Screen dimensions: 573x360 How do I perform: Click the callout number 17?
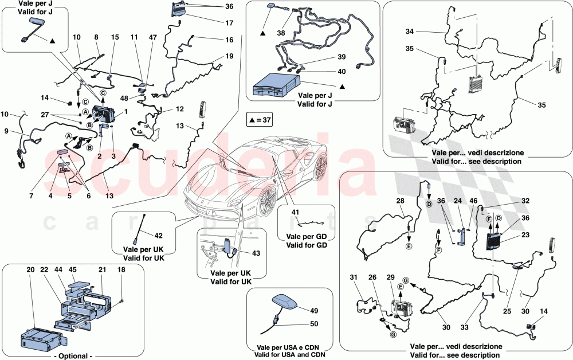(229, 23)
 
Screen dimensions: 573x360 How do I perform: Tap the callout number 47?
(153, 37)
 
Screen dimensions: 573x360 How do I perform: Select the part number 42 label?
(159, 236)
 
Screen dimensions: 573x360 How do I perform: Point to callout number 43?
(256, 253)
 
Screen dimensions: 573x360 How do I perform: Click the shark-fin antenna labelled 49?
(284, 302)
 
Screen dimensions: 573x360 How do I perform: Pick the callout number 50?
(314, 324)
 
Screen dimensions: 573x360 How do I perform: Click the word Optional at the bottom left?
(73, 355)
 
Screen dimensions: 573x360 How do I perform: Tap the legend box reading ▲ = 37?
(260, 120)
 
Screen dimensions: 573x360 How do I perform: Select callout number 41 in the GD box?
(295, 212)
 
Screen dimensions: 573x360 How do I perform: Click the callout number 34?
(410, 32)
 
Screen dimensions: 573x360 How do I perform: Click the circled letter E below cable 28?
(409, 246)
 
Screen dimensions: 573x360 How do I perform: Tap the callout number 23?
(525, 235)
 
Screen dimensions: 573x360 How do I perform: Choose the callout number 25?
(507, 311)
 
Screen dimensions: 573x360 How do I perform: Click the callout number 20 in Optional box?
(31, 270)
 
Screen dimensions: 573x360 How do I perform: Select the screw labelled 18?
(122, 301)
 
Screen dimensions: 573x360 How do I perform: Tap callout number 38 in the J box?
(281, 33)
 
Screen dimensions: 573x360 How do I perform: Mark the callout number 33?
(464, 327)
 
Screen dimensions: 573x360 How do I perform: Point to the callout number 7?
(32, 196)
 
